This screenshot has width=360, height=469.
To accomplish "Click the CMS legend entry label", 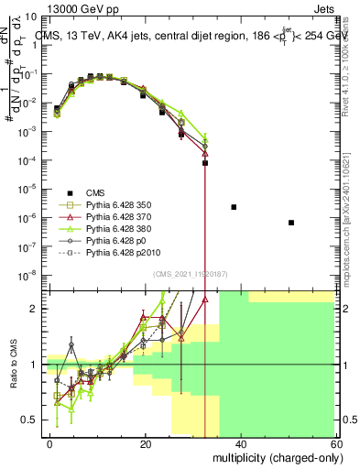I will click(94, 193).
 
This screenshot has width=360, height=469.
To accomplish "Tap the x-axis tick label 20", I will click(146, 444).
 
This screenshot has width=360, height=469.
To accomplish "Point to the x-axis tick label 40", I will click(241, 444).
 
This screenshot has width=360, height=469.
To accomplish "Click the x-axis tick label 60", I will click(335, 444).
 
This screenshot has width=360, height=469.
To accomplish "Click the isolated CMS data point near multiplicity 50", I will click(290, 223).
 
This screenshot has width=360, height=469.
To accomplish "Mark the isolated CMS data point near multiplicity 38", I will click(234, 207).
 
